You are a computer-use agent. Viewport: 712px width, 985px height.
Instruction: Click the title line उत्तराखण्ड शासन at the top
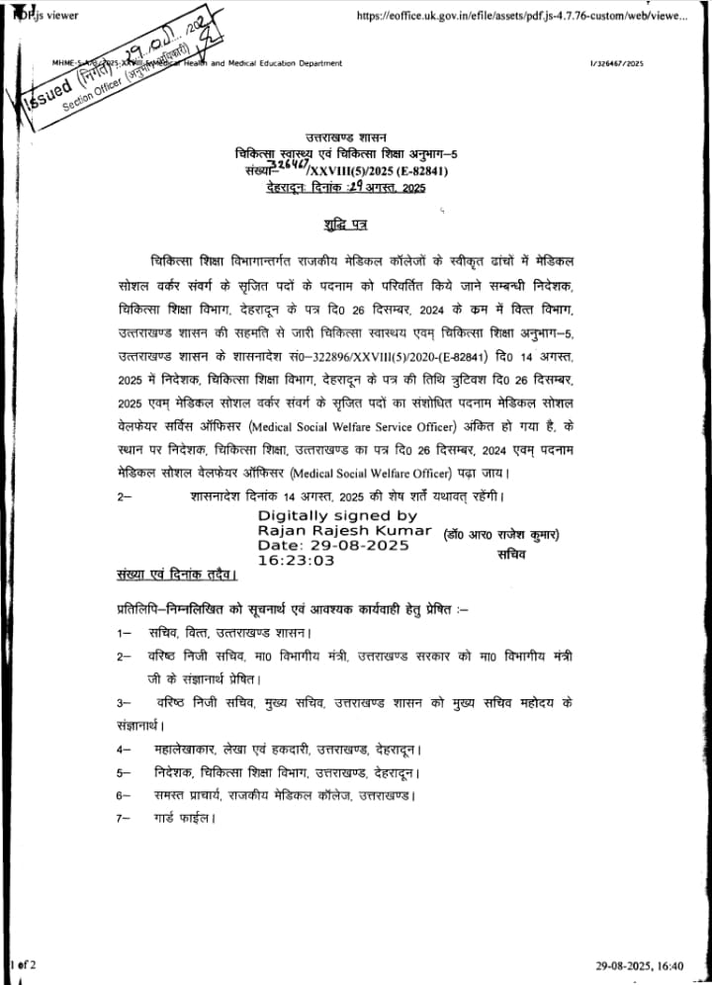346,135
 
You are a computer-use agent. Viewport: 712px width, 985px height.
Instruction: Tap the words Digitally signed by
337,515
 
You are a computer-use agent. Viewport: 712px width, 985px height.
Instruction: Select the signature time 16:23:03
297,560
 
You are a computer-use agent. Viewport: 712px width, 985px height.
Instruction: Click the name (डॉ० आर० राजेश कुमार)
501,534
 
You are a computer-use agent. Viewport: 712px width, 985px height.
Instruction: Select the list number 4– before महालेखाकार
124,750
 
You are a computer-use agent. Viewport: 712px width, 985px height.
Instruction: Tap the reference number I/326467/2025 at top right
616,63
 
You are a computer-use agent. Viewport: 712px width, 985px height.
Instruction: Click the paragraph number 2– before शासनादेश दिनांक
124,498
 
